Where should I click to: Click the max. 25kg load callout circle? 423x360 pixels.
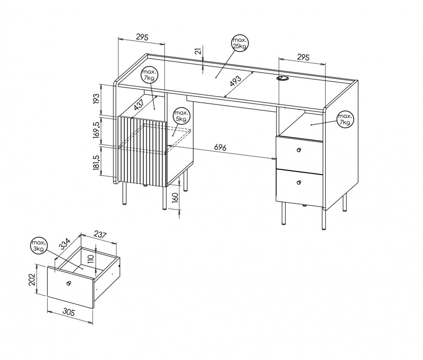coord(240,43)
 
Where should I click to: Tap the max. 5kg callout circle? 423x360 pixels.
coord(181,116)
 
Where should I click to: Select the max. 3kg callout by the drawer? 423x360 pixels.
coord(39,246)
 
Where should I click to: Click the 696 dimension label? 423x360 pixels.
coord(220,147)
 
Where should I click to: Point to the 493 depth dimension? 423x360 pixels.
coord(235,81)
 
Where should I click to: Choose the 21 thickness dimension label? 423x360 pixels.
coord(198,51)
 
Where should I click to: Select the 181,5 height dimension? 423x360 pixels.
coord(96,163)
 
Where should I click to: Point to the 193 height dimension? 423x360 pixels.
coord(96,99)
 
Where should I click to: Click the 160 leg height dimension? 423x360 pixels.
coord(175,198)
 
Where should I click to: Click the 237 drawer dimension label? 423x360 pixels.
coord(100,235)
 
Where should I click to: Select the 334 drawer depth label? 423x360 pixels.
coord(65,245)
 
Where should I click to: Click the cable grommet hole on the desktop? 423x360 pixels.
coord(282,78)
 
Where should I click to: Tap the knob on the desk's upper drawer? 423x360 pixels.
coord(299,150)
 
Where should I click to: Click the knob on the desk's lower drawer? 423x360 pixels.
coord(298,183)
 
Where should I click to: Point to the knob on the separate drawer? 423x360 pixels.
coord(69,283)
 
